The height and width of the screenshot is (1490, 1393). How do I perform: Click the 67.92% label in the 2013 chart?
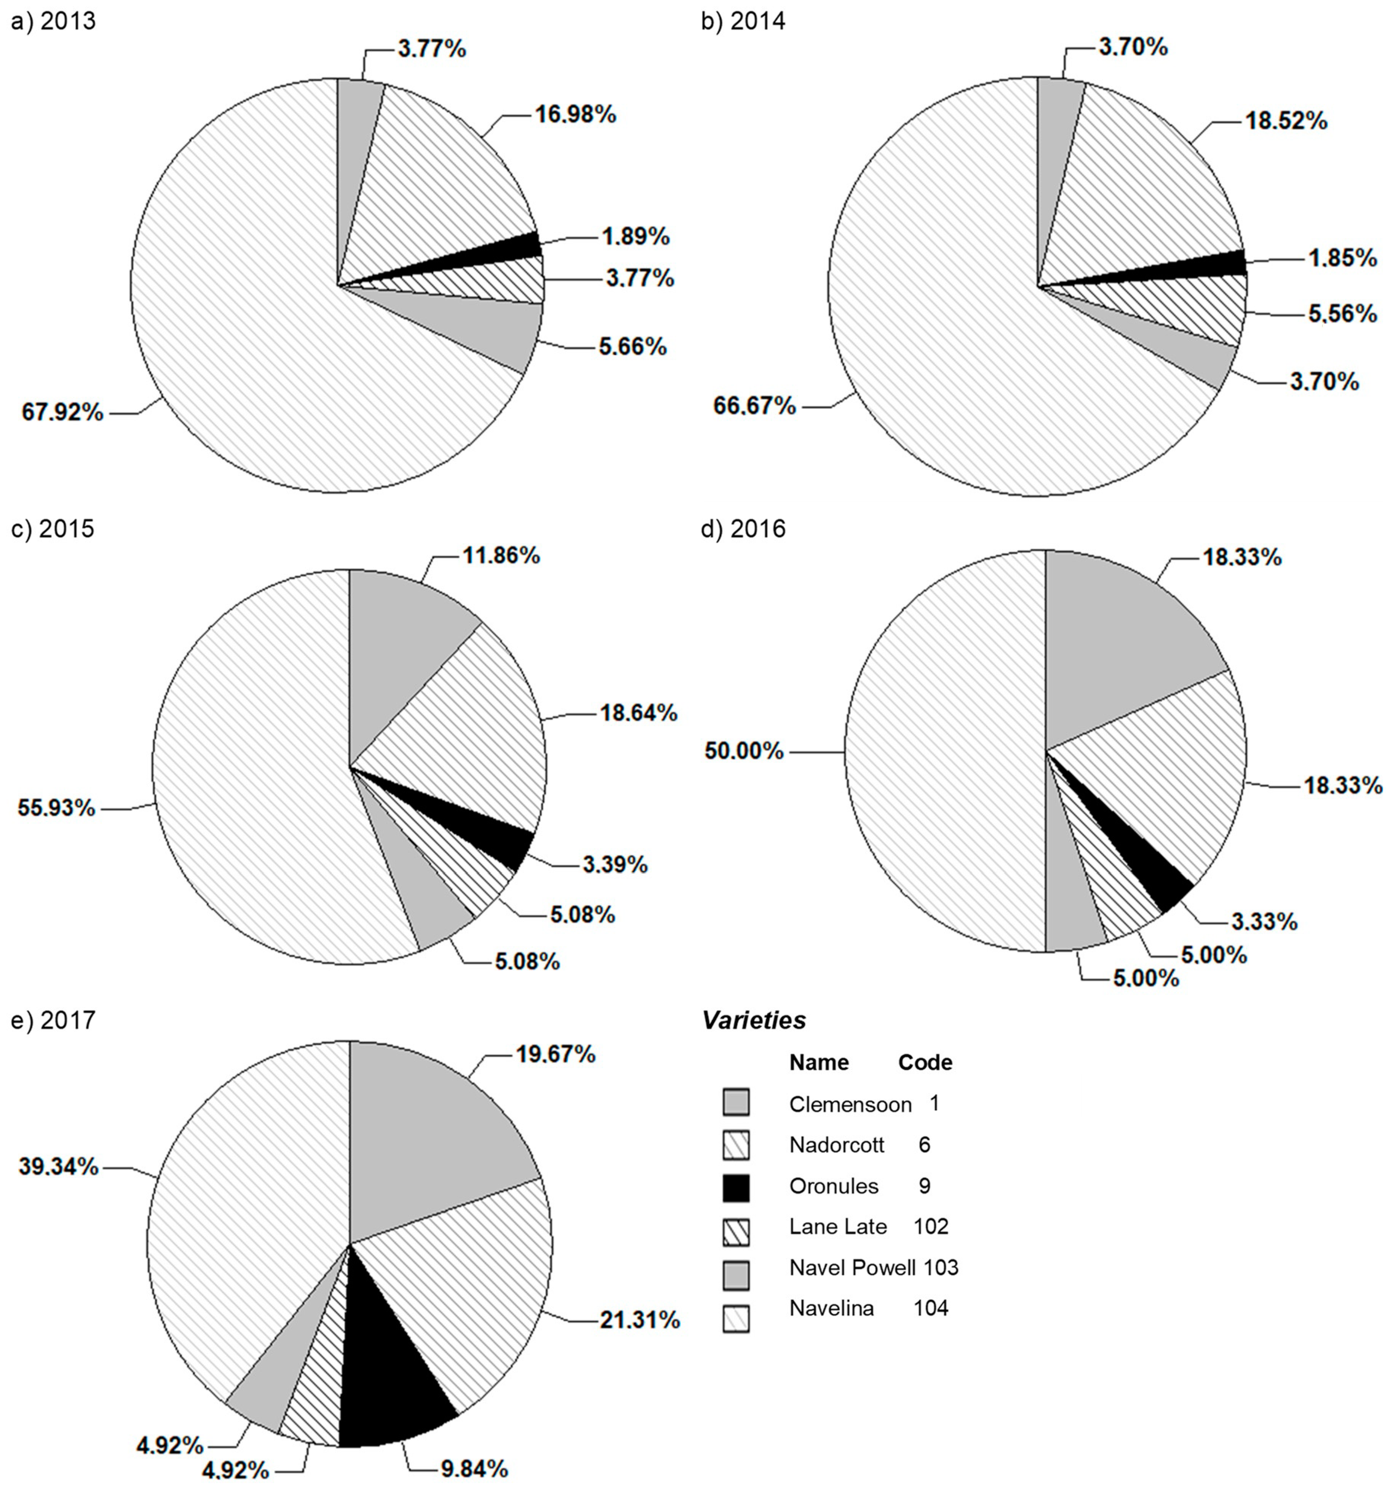[x=62, y=412]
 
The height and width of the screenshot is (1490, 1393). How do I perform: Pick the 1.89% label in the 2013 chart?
[x=635, y=237]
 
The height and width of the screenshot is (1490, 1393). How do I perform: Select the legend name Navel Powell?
[x=852, y=1267]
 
